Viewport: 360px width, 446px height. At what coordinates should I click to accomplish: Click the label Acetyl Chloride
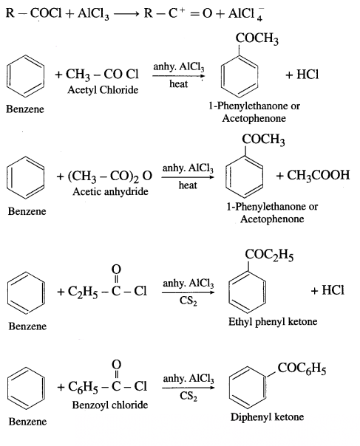point(103,90)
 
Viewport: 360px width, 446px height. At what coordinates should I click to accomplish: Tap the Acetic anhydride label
point(110,191)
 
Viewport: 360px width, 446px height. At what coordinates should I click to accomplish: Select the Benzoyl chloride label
point(110,405)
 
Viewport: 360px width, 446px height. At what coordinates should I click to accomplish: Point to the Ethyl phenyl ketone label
point(273,322)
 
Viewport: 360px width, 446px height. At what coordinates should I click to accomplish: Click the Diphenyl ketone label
point(267,417)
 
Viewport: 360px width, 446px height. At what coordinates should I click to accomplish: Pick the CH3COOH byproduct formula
point(318,175)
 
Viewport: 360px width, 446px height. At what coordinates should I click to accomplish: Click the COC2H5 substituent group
point(269,255)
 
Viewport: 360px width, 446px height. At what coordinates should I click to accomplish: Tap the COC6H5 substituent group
point(302,368)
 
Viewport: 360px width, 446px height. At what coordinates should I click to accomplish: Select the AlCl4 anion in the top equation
point(245,13)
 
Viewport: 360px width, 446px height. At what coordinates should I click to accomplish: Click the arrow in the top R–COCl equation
point(126,13)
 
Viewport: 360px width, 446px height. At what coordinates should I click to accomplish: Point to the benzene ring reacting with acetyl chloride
point(25,76)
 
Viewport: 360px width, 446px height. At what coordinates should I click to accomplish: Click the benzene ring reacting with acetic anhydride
point(26,177)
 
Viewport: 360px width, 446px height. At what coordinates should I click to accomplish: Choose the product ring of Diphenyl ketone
point(248,388)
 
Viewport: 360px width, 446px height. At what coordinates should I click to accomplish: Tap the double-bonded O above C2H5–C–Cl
point(116,269)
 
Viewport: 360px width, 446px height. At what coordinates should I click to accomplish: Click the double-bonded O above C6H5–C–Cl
point(116,364)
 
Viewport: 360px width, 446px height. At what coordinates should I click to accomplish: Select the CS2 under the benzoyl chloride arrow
point(189,396)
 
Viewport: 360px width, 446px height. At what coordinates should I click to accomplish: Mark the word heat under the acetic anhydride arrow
point(188,185)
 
